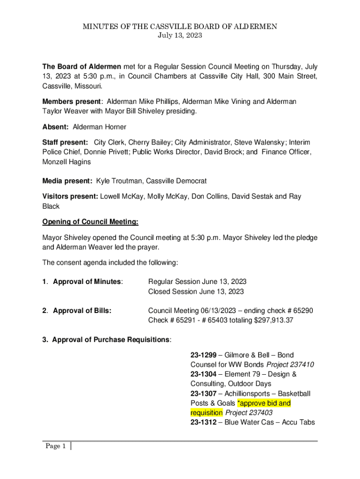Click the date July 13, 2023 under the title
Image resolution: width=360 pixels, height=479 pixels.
180,36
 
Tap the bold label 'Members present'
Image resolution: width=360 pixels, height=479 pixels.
72,102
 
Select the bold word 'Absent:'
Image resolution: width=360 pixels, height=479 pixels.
56,127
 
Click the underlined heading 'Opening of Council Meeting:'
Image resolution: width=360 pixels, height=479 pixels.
90,221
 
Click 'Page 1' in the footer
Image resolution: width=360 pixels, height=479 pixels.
56,446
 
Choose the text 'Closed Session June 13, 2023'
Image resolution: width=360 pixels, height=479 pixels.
196,291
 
